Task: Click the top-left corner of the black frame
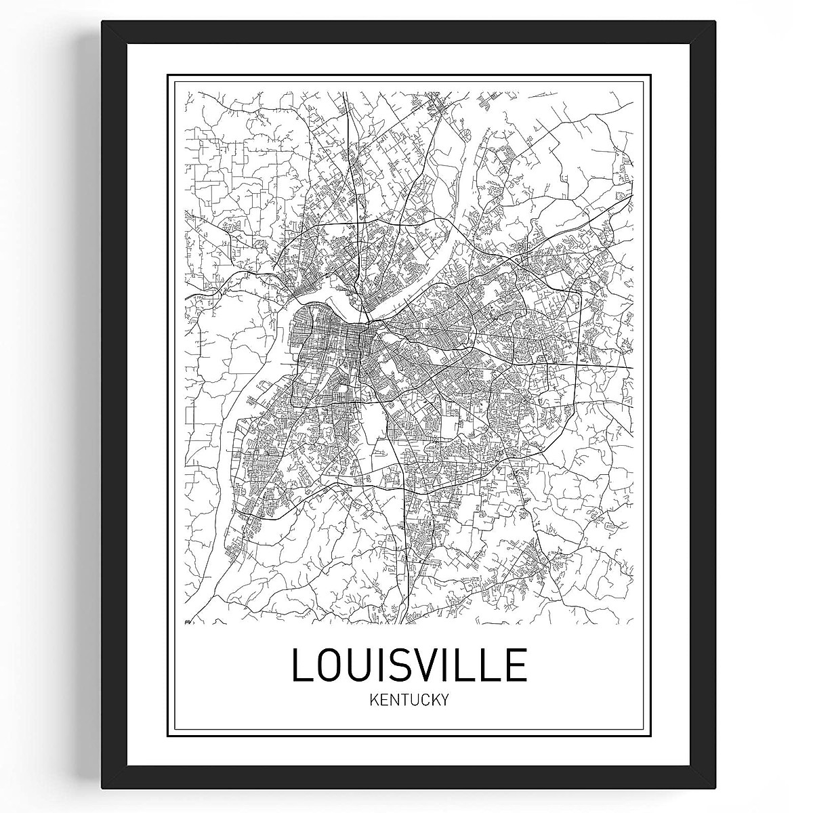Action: (103, 22)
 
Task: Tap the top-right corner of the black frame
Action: (715, 22)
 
